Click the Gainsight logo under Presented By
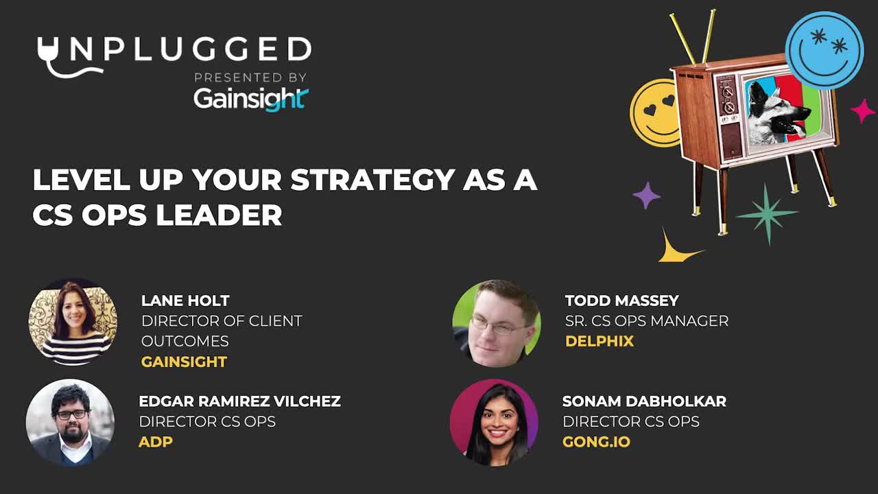tap(251, 99)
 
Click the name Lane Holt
tap(185, 301)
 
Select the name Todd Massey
tap(622, 301)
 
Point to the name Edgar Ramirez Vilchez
tap(240, 401)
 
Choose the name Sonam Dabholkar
tap(644, 401)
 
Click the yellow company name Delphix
tap(600, 341)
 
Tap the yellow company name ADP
tap(156, 442)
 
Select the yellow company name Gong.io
tap(596, 442)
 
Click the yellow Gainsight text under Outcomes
tap(185, 362)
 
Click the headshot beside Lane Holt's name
tap(73, 322)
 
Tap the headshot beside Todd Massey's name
tap(497, 323)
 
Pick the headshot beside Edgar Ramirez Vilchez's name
tap(70, 423)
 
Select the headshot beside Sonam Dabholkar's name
tap(494, 423)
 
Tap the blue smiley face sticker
tap(824, 50)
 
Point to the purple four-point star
tap(646, 196)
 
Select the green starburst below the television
tap(767, 213)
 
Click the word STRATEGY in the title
tap(372, 180)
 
